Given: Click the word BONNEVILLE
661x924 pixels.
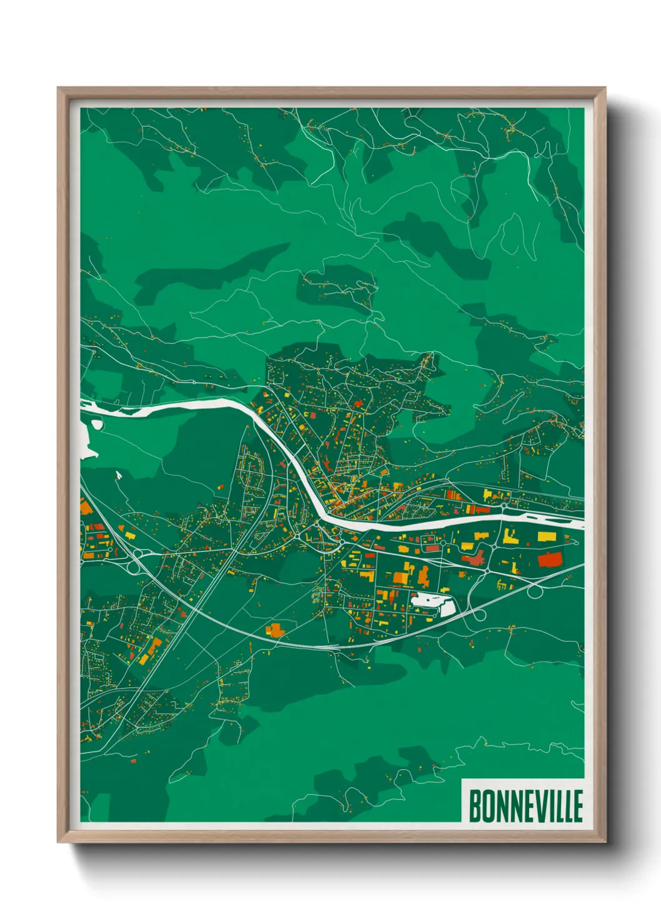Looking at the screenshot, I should tap(525, 806).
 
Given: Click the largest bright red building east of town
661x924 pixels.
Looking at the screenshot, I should tap(550, 559).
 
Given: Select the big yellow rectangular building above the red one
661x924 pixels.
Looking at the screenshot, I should tap(547, 536).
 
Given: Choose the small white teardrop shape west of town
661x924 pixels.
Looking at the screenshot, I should tap(119, 476).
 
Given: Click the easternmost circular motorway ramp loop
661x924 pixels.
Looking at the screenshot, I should tap(535, 591).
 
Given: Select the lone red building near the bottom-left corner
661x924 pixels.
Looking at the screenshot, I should tap(132, 761).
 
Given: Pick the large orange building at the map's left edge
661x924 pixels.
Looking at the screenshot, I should tap(86, 506).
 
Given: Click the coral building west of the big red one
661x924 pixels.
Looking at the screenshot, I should tap(474, 558).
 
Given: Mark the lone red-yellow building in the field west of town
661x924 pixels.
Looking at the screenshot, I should tap(221, 485).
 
